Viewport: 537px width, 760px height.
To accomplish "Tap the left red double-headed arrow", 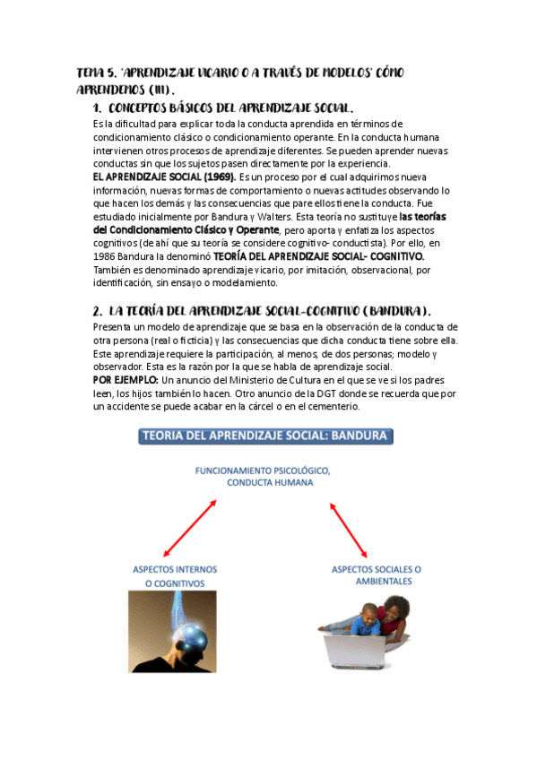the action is [189, 529].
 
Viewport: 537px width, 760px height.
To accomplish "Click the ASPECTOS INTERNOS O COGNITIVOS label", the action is [175, 576].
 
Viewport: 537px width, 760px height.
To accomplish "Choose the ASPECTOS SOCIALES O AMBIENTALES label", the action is [377, 574].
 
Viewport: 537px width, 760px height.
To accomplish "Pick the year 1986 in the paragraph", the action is [106, 256].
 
